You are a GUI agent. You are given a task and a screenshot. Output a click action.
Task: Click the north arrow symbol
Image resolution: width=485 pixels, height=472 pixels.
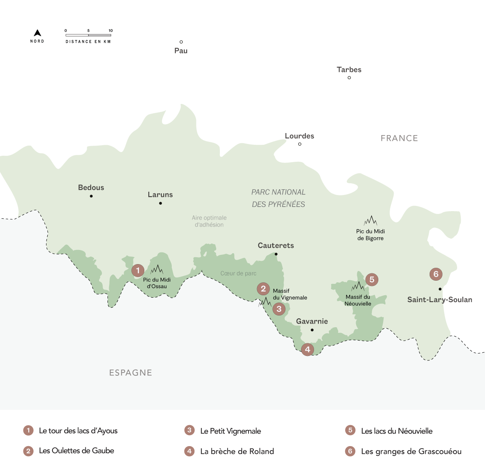(37, 33)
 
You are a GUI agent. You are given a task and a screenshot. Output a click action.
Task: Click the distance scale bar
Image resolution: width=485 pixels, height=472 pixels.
(88, 35)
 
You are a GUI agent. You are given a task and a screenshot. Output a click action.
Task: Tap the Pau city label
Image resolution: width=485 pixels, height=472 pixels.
(181, 51)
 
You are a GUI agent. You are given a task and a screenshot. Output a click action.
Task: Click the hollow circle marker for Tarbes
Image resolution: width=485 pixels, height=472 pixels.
(349, 78)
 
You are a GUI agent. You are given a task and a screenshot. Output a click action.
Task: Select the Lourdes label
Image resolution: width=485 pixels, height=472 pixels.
(299, 136)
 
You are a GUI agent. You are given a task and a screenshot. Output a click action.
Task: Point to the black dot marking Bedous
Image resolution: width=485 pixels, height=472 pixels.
(91, 196)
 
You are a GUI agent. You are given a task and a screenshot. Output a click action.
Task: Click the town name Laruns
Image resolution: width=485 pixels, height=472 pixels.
(160, 195)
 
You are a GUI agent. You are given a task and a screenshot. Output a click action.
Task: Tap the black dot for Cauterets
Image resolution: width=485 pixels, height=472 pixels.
(276, 254)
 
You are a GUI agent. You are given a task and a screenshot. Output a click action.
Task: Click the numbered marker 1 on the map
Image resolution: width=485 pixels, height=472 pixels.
(138, 270)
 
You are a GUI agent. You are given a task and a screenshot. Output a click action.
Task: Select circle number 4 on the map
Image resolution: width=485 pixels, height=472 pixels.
(308, 349)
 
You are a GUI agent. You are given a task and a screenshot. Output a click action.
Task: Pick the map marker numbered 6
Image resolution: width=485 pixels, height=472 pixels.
(436, 274)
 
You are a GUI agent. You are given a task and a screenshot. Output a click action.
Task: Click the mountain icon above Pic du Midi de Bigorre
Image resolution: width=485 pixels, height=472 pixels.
(370, 221)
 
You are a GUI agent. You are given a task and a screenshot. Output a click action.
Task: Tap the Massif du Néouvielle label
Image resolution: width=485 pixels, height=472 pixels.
(358, 300)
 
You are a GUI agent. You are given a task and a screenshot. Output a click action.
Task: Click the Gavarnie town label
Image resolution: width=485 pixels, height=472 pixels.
(312, 321)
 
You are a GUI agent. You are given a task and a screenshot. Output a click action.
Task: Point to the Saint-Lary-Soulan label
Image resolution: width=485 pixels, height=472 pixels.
(439, 300)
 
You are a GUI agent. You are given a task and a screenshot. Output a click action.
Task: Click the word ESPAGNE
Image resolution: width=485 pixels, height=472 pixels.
(131, 373)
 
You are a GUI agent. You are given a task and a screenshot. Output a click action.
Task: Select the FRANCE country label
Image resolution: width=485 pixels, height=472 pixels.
(399, 138)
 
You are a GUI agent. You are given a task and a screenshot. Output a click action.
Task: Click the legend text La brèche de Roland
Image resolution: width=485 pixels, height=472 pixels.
(237, 451)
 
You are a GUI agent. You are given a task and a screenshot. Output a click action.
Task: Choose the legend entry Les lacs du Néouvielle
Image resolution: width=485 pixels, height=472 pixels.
(396, 431)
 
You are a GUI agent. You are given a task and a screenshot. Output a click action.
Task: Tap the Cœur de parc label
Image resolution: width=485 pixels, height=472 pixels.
(238, 273)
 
